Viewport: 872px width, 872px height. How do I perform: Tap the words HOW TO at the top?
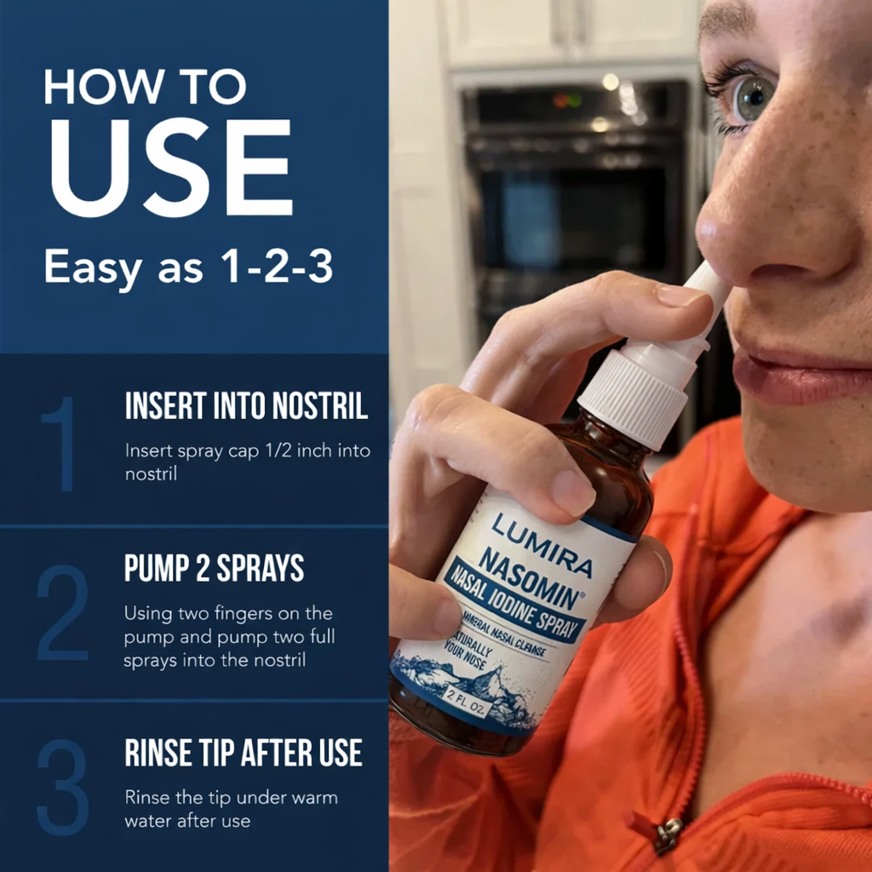(145, 87)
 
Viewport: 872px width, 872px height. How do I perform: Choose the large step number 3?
(62, 785)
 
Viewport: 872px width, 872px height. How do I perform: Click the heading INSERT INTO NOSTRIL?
(246, 406)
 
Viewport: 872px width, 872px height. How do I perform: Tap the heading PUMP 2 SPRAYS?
(214, 570)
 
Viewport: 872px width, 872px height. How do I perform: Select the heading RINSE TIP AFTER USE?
(244, 753)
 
